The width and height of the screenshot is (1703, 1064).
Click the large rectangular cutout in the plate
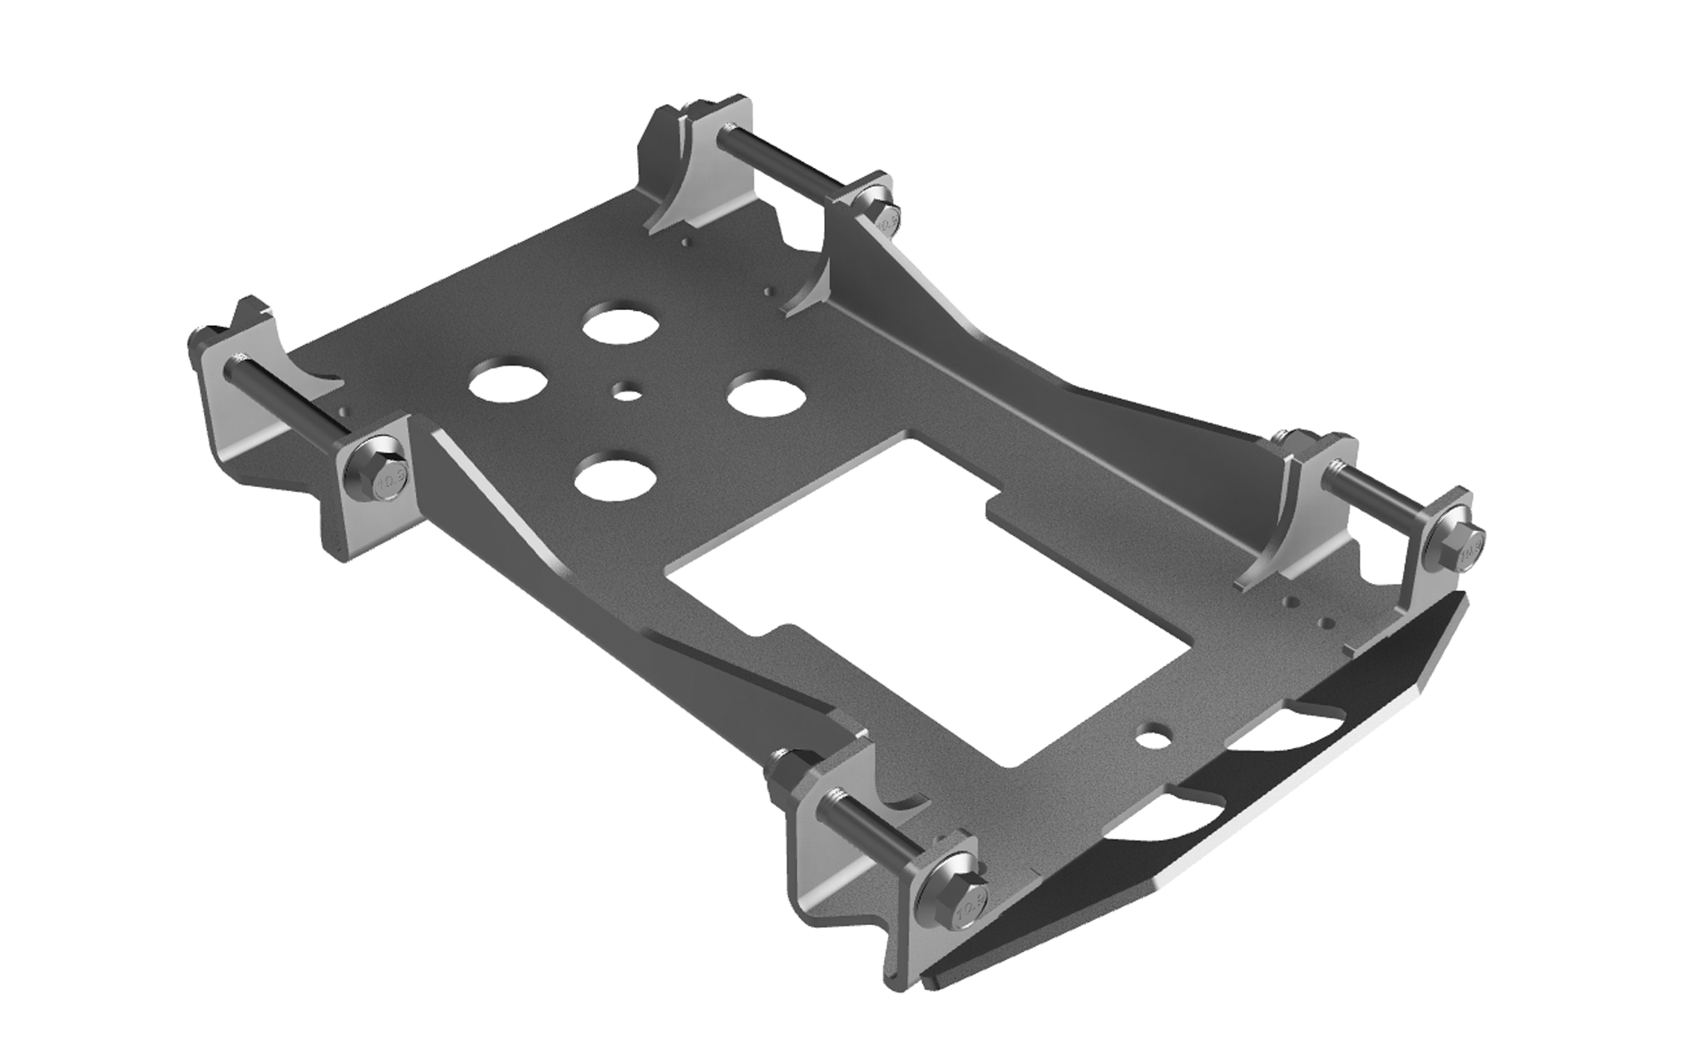coord(840,582)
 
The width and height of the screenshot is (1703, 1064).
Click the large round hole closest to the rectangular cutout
coord(614,480)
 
